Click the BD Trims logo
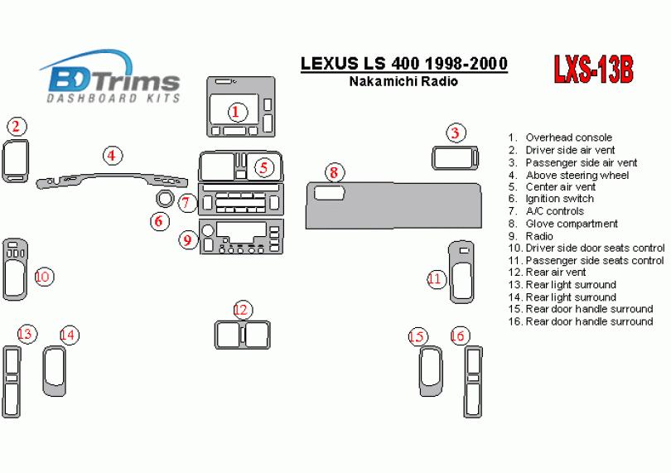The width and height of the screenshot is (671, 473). (113, 78)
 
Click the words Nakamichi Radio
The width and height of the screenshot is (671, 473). (403, 81)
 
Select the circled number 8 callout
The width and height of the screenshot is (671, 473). (333, 172)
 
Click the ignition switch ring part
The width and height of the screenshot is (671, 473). (164, 200)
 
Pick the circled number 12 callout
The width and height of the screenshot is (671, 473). (241, 310)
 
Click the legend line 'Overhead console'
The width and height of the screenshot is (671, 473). (568, 138)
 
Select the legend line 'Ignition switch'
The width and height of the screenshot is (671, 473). (559, 199)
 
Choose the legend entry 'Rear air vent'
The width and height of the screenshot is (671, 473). (556, 272)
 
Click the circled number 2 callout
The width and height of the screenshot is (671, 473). (16, 127)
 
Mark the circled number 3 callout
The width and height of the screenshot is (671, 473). (455, 133)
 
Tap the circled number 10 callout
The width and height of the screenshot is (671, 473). (44, 276)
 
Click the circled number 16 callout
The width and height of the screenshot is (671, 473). (459, 335)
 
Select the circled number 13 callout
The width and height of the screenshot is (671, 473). (27, 334)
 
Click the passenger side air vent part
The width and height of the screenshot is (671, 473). (455, 157)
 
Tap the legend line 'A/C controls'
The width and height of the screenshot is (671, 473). (554, 211)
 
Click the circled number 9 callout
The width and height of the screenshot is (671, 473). (188, 240)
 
